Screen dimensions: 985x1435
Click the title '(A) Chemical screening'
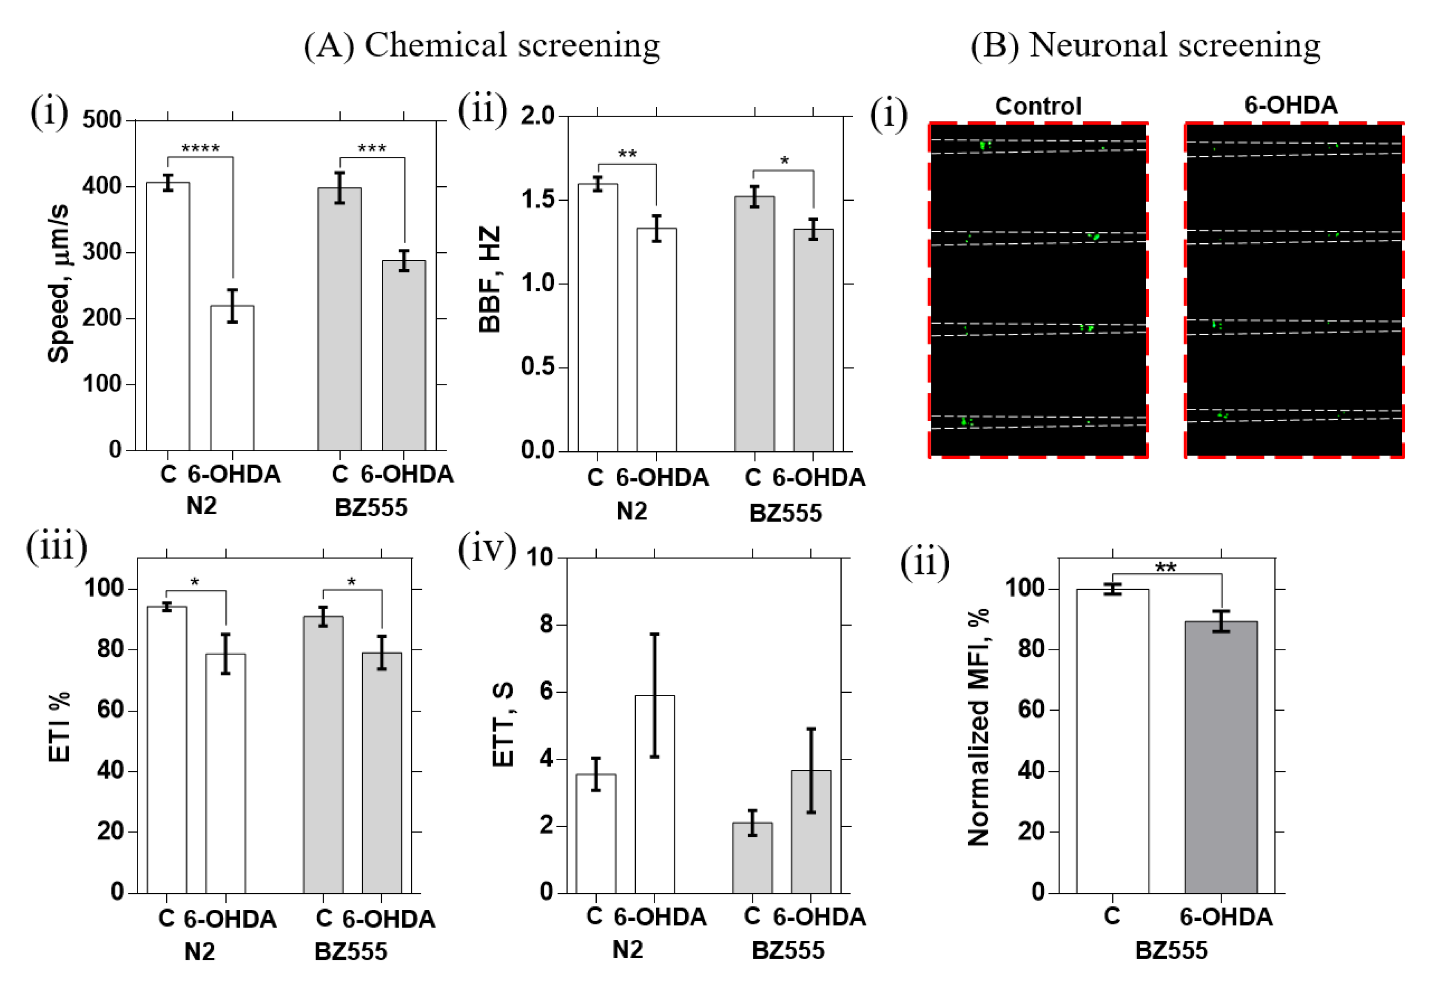[x=481, y=45]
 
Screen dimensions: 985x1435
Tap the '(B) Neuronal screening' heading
[x=1145, y=45]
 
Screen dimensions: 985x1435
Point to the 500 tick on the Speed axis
[x=102, y=120]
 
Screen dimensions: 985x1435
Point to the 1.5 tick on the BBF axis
[x=538, y=200]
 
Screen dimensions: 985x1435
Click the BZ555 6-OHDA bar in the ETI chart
[x=382, y=772]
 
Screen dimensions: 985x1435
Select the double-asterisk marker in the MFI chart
[x=1165, y=567]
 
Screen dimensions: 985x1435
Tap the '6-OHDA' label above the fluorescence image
[x=1290, y=105]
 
